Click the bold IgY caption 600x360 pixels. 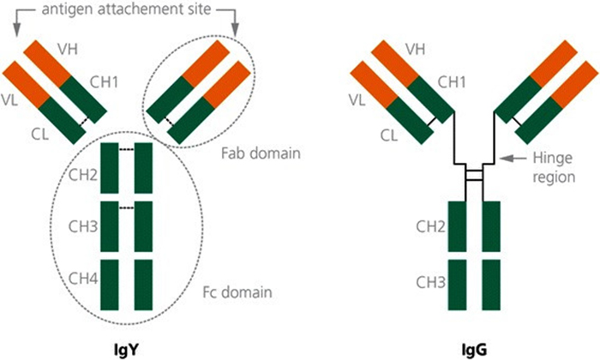point(124,347)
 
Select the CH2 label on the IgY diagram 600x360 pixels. point(81,178)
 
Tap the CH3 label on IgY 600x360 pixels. point(81,229)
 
